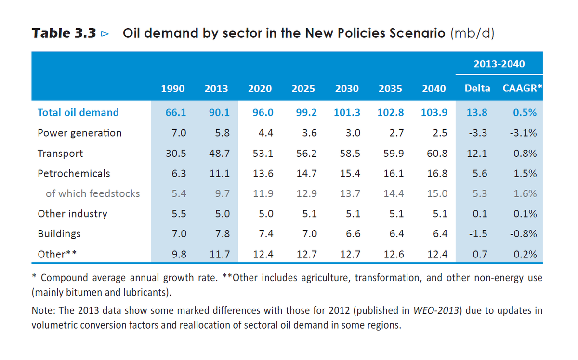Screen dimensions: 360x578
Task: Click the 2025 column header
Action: point(303,89)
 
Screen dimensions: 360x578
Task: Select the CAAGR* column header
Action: point(522,89)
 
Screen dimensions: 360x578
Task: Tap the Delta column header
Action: point(477,89)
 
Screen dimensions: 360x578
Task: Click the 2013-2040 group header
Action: point(499,64)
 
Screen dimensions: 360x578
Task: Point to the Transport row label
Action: point(60,154)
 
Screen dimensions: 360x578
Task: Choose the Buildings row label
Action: point(59,234)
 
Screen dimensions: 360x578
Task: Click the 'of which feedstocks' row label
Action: point(92,193)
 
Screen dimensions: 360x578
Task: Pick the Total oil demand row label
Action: point(78,113)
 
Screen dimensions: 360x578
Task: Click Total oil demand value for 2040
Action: point(433,113)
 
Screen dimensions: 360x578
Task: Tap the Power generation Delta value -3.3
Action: point(477,133)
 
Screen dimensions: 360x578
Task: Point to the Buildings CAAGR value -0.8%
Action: point(523,234)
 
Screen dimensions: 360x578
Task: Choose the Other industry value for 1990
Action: point(176,214)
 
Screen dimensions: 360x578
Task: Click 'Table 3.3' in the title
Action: point(65,34)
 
